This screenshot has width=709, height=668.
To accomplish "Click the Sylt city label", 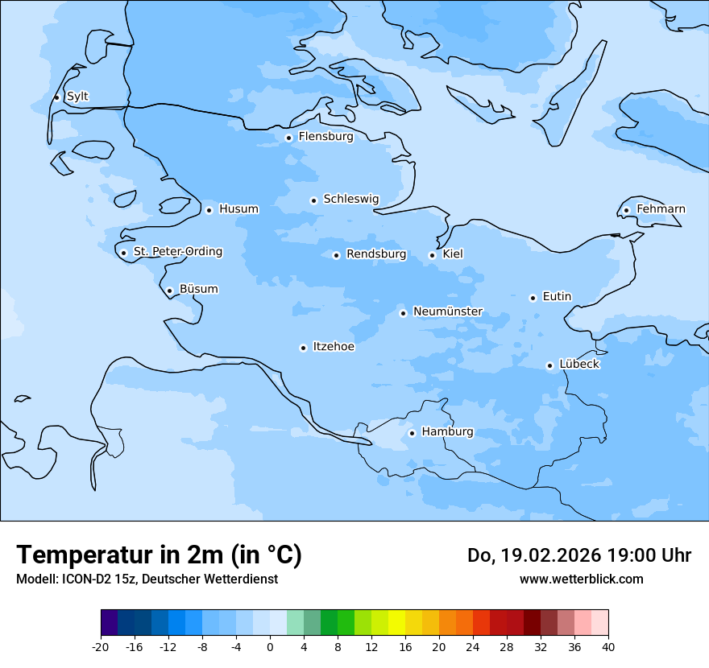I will coord(77,97).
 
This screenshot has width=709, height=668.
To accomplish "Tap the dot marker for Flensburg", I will coord(288,138).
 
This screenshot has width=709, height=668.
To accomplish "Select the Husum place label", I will coord(238,209).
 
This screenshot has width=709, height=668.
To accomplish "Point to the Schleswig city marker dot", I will coord(313,200).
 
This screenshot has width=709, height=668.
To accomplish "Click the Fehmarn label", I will coord(661,209).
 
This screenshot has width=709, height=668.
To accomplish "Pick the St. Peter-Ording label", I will coord(177,252).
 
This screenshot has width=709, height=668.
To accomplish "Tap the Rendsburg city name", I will coord(376,254).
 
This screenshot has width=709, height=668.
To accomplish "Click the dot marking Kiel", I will coord(432,255).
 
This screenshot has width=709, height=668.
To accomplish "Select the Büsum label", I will coord(198,289).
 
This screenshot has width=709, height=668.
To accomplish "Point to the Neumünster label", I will coord(448,311).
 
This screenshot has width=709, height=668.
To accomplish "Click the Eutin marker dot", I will coord(533,298).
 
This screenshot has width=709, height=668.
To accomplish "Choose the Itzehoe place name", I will coord(334,347).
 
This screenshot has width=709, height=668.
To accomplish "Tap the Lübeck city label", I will coord(579,365).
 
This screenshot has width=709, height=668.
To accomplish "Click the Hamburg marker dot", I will coord(412,433).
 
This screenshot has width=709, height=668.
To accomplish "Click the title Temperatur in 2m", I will coord(159,555).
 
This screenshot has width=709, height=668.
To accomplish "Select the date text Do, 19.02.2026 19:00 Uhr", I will coord(579,555).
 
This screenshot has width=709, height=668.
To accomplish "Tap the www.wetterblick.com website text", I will coord(581,579).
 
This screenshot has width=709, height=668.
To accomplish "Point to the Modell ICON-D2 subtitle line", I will coord(147,579).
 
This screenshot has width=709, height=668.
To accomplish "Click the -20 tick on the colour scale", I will coord(101,646).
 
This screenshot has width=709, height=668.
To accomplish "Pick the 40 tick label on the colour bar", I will coord(608,646).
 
